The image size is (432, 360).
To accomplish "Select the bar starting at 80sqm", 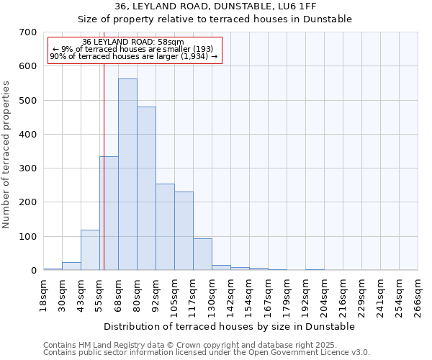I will [x=146, y=189].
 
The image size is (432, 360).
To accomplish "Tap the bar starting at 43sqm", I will [x=90, y=250].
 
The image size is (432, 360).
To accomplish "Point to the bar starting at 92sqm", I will [x=165, y=227].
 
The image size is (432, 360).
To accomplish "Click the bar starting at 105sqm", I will [x=184, y=230].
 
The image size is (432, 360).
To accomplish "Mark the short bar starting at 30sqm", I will [x=71, y=266].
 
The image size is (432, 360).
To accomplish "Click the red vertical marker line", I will [x=104, y=158].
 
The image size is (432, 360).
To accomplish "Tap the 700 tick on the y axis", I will [x=28, y=32].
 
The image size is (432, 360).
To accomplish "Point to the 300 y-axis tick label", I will [x=28, y=168].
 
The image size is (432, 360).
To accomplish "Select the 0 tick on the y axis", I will [x=33, y=271].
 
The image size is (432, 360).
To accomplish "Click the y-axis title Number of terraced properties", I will [x=7, y=155].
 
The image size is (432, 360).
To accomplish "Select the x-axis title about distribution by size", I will [x=230, y=326].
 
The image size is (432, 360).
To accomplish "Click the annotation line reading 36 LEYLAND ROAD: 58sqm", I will [x=133, y=42].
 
